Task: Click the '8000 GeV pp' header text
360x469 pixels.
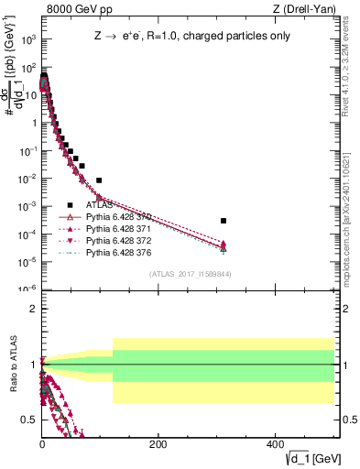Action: pos(76,9)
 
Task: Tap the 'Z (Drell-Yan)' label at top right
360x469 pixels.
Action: pos(303,9)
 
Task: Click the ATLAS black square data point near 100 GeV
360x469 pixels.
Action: pos(99,180)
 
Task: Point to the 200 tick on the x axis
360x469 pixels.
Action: pos(158,443)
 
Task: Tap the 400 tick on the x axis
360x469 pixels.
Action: pos(275,443)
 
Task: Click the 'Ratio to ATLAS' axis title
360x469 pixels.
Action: pos(12,365)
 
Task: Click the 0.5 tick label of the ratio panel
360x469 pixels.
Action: pos(27,420)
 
